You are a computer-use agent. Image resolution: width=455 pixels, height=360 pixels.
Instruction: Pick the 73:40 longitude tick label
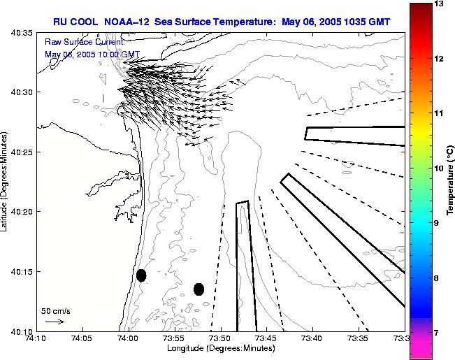(312, 338)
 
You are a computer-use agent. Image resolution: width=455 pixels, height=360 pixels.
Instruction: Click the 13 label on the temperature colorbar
(439, 4)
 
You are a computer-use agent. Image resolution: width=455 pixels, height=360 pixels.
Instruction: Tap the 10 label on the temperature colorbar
(439, 168)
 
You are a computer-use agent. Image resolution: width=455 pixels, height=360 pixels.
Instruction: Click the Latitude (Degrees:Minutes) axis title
(6, 181)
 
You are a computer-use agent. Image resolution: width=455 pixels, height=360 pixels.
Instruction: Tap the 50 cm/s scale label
(55, 310)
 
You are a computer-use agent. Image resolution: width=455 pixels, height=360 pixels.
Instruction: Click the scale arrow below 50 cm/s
(55, 322)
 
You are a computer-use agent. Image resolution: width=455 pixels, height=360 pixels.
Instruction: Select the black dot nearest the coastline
(141, 275)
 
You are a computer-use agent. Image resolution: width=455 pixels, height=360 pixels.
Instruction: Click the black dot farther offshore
(198, 289)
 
